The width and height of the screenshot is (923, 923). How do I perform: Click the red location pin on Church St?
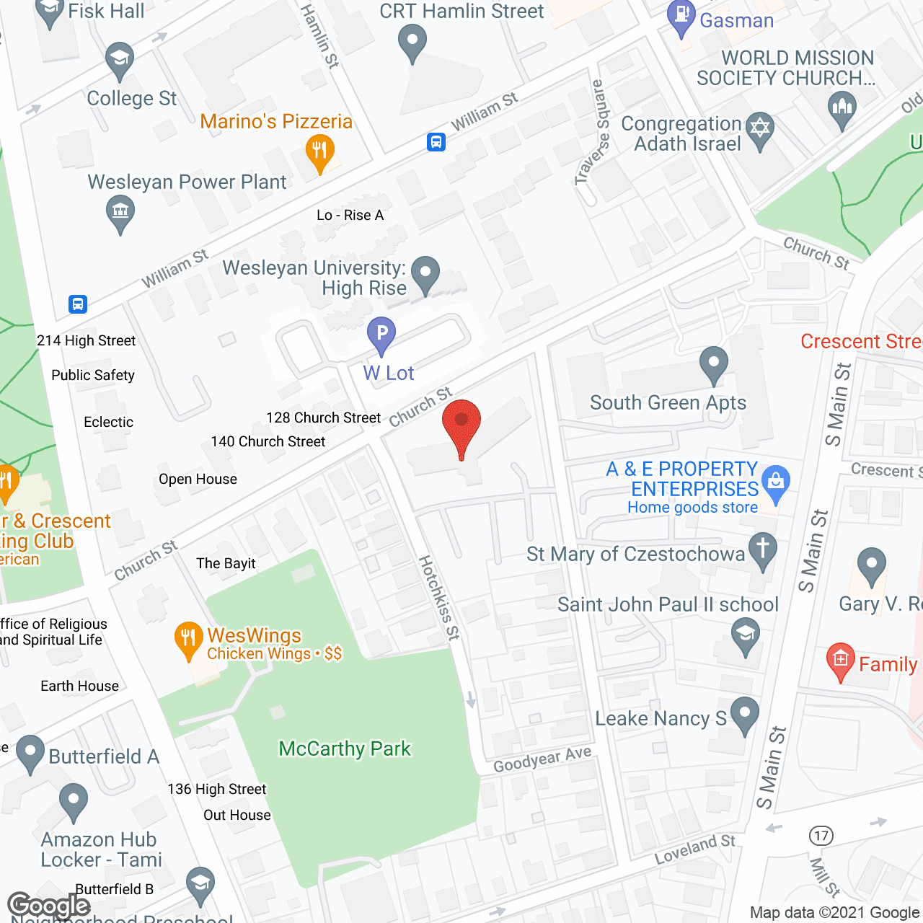[461, 423]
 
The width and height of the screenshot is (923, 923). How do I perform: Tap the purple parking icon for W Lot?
[381, 334]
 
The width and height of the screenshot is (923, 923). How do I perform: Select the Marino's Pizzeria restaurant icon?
[319, 151]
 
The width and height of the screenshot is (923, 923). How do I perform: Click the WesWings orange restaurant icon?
[188, 637]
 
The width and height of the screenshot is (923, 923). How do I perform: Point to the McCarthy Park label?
[345, 748]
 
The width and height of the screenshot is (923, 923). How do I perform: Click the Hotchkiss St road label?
[439, 598]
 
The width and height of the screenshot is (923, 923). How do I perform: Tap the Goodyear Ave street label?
[542, 759]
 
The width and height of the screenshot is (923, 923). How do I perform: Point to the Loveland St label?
[694, 849]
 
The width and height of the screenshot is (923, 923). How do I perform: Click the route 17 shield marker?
[821, 836]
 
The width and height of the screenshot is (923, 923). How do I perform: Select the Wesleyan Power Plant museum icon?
[120, 213]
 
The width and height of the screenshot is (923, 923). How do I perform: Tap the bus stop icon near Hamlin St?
[436, 141]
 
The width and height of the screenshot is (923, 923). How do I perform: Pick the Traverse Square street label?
[593, 133]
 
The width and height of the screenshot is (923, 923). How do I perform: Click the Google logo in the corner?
[49, 905]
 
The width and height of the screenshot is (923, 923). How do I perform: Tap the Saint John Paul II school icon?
[746, 635]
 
